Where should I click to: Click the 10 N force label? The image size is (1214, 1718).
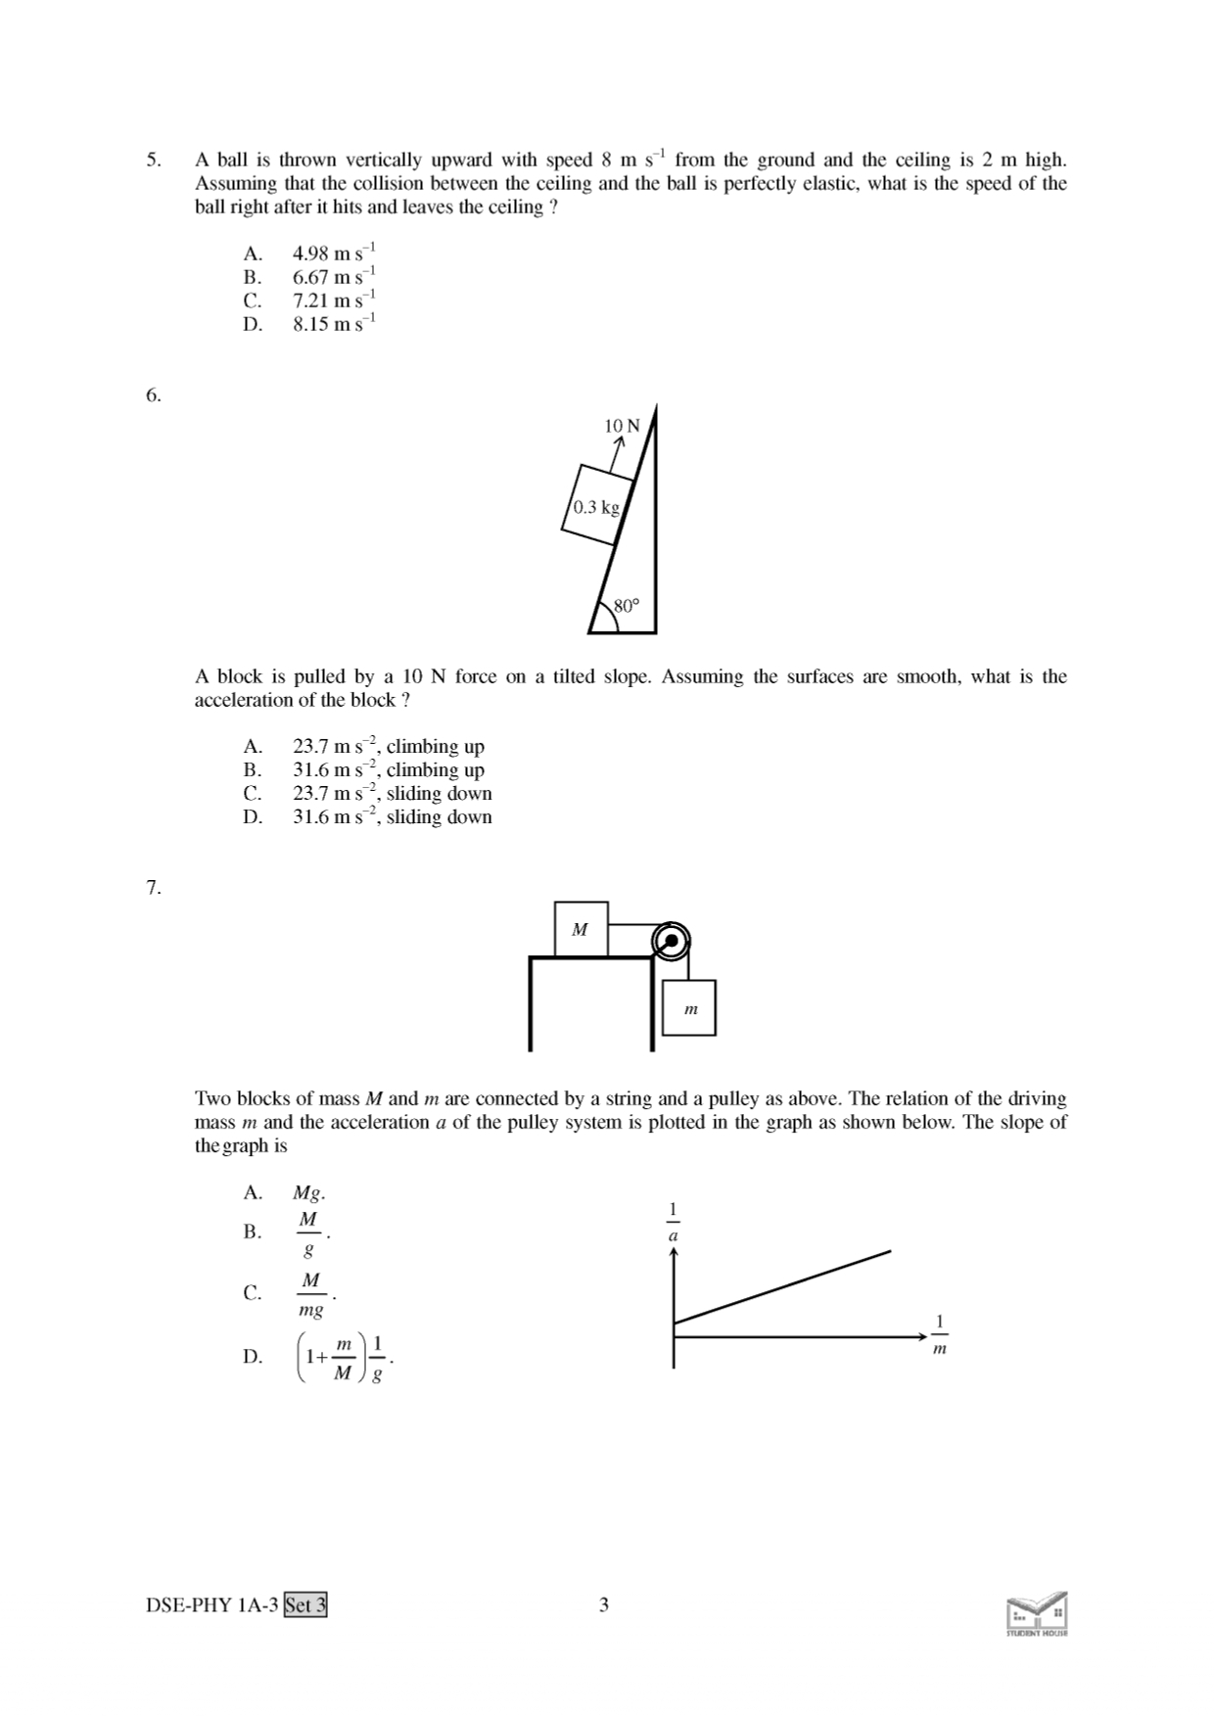[x=622, y=426]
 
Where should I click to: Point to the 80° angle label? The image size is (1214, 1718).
[x=626, y=606]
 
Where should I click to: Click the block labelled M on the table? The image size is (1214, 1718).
[x=580, y=929]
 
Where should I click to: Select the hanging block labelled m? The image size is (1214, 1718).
[x=689, y=1007]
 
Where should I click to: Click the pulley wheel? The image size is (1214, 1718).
[x=672, y=941]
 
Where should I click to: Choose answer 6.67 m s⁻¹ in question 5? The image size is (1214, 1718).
[x=334, y=277]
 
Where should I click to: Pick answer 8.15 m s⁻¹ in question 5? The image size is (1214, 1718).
[x=334, y=324]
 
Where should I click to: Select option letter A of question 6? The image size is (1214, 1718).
[x=253, y=747]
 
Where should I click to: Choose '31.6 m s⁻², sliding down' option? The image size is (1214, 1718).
[x=392, y=817]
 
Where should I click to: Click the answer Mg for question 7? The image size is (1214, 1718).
[x=308, y=1193]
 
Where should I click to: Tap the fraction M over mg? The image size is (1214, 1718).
[x=310, y=1294]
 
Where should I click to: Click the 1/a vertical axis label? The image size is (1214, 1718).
[x=673, y=1222]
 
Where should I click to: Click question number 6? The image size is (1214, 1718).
[x=153, y=395]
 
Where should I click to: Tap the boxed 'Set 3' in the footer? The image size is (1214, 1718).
[x=305, y=1605]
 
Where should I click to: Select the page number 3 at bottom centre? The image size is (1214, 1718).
[x=604, y=1605]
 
